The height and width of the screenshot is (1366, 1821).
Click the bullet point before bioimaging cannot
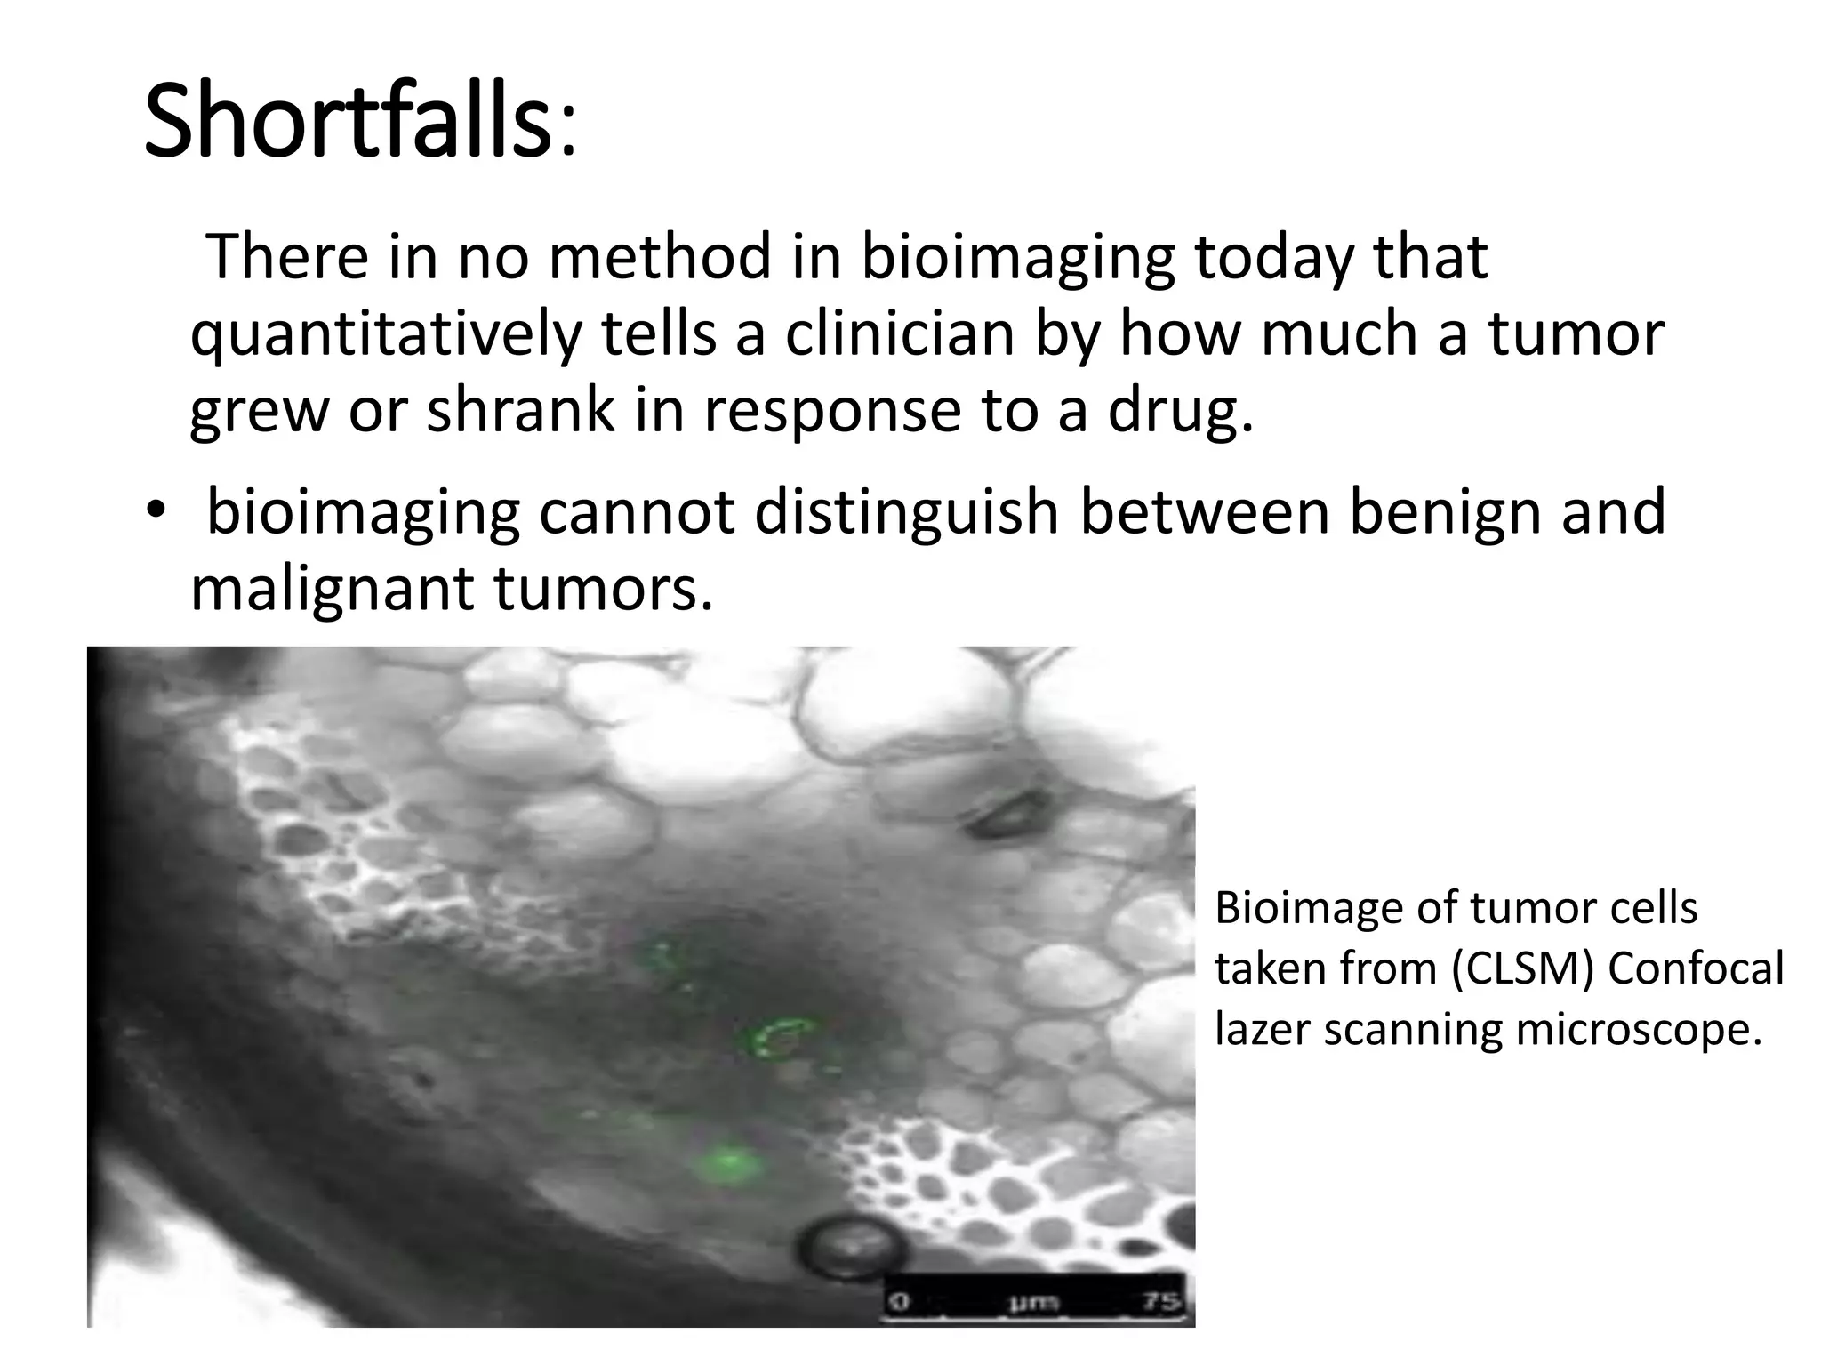point(156,514)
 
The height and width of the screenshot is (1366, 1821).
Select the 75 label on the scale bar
point(1163,1302)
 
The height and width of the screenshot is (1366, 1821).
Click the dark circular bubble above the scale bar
point(851,1249)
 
